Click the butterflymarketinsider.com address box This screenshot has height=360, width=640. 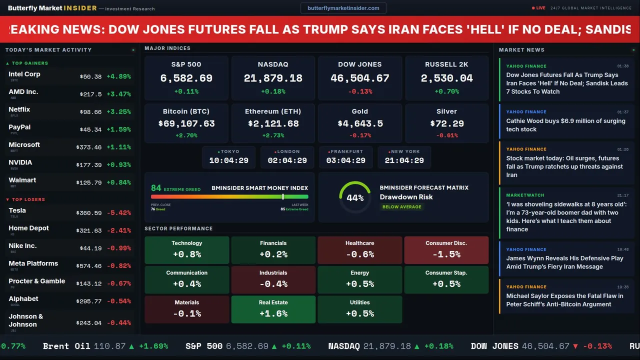(x=343, y=8)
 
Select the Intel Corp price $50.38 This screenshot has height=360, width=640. (x=90, y=77)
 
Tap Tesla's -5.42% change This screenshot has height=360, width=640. (x=119, y=213)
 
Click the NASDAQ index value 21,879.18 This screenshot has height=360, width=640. (x=273, y=78)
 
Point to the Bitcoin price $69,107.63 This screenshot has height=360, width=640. (x=186, y=123)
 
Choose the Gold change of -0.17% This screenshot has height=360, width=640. (x=359, y=135)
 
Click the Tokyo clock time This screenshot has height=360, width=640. (x=228, y=160)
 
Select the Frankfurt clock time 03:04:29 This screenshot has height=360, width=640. (x=345, y=160)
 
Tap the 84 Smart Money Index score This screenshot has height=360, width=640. (x=156, y=188)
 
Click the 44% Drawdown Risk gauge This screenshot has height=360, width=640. (x=355, y=197)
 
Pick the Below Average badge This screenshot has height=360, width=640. (x=401, y=207)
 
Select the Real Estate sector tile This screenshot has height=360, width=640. (x=273, y=309)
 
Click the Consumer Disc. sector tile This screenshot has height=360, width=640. (x=446, y=249)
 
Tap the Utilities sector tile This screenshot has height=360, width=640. (x=359, y=309)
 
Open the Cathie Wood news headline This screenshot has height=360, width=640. (x=565, y=125)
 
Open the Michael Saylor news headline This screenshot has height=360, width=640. (x=564, y=300)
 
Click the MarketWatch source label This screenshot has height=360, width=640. (x=525, y=195)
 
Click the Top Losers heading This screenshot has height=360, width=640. (x=28, y=199)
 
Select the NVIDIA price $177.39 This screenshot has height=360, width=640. (x=89, y=165)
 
